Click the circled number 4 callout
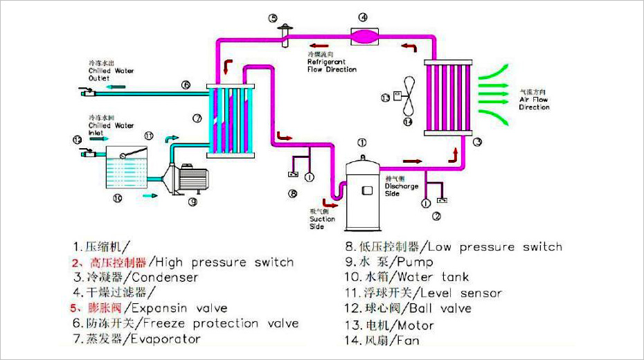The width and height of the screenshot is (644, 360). click(x=363, y=17)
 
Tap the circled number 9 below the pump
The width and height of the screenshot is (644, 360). click(x=193, y=202)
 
